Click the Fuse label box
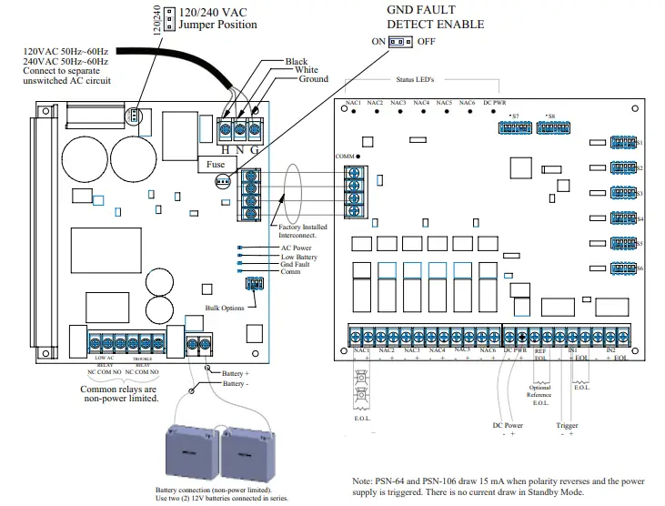[x=216, y=166]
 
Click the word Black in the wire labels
[x=297, y=62]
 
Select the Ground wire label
[x=313, y=80]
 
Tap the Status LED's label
[x=414, y=80]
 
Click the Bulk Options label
[x=225, y=308]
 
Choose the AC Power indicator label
[x=297, y=247]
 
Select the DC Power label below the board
[x=509, y=425]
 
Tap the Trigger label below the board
[x=567, y=425]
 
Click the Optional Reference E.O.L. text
[x=540, y=395]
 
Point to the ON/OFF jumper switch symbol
[x=397, y=42]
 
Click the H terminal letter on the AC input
[x=225, y=149]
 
